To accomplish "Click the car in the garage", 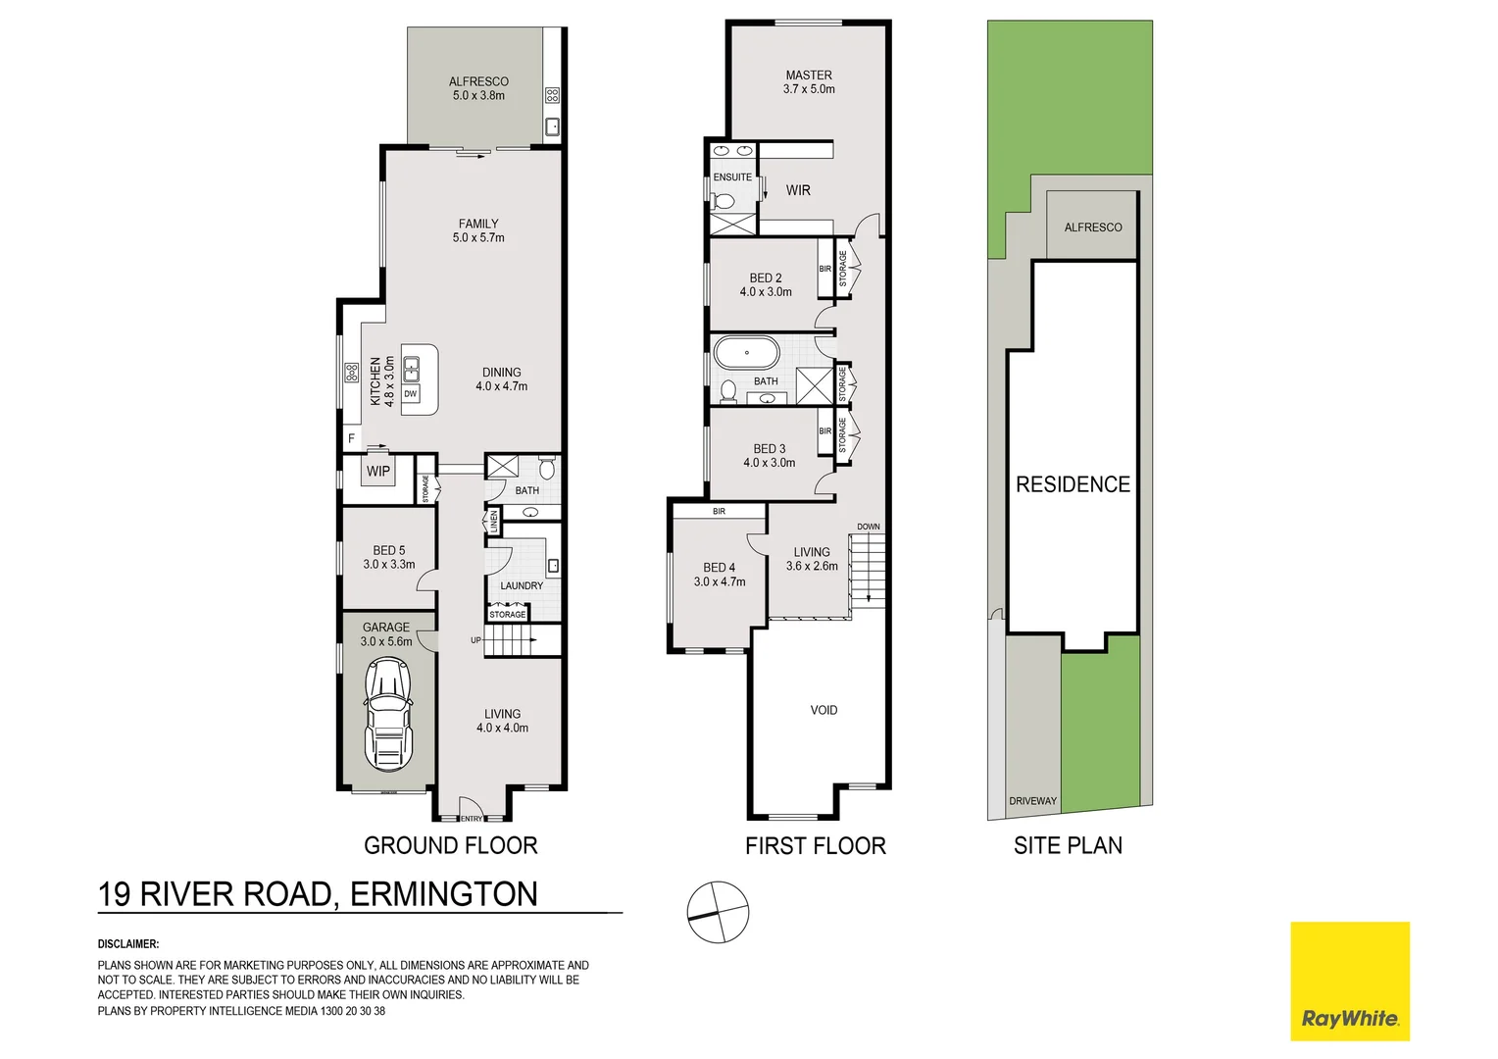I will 387,714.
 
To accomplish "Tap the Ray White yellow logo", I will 1349,981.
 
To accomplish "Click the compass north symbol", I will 718,912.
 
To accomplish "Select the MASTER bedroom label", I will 809,76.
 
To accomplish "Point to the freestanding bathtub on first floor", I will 746,352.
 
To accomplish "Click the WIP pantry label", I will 378,472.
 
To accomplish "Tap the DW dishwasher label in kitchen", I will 410,394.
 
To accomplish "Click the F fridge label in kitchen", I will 351,438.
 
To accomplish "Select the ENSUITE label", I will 732,177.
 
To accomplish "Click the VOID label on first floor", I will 824,710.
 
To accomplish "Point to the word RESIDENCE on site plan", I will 1073,484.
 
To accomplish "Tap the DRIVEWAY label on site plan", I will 1033,801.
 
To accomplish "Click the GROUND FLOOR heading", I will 450,845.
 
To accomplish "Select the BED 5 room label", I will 388,550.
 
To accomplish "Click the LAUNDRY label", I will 522,585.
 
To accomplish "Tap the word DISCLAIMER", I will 128,944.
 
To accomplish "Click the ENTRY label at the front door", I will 472,819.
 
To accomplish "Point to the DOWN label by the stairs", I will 869,527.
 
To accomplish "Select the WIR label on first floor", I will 798,190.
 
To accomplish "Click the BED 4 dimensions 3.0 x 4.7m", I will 720,581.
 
